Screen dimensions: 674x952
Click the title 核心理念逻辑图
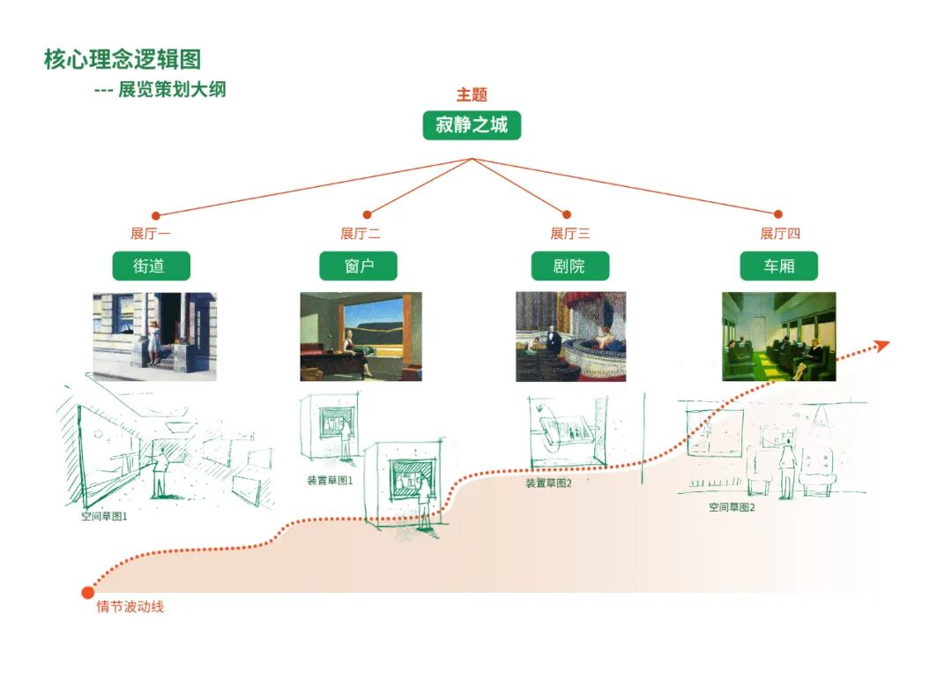(123, 59)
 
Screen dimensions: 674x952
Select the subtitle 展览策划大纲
(172, 90)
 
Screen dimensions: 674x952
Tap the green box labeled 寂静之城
(472, 125)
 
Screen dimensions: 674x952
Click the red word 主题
(472, 95)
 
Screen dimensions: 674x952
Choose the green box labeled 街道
(151, 266)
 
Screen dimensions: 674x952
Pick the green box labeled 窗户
(359, 266)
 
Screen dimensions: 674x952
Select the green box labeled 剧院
(569, 266)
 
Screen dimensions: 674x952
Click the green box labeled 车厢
(778, 266)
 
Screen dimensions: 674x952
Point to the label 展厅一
(151, 234)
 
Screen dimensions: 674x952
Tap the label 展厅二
(361, 234)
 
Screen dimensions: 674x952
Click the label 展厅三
(570, 234)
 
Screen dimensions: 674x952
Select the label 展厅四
(780, 234)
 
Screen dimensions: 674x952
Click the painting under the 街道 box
(154, 336)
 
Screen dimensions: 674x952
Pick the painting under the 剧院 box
(570, 336)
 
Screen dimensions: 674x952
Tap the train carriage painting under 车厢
(778, 336)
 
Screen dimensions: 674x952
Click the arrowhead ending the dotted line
(882, 345)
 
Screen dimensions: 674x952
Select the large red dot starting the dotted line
(87, 592)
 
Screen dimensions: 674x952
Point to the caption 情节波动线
(130, 607)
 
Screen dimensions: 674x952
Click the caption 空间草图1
(104, 516)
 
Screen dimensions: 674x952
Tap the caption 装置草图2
(548, 483)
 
